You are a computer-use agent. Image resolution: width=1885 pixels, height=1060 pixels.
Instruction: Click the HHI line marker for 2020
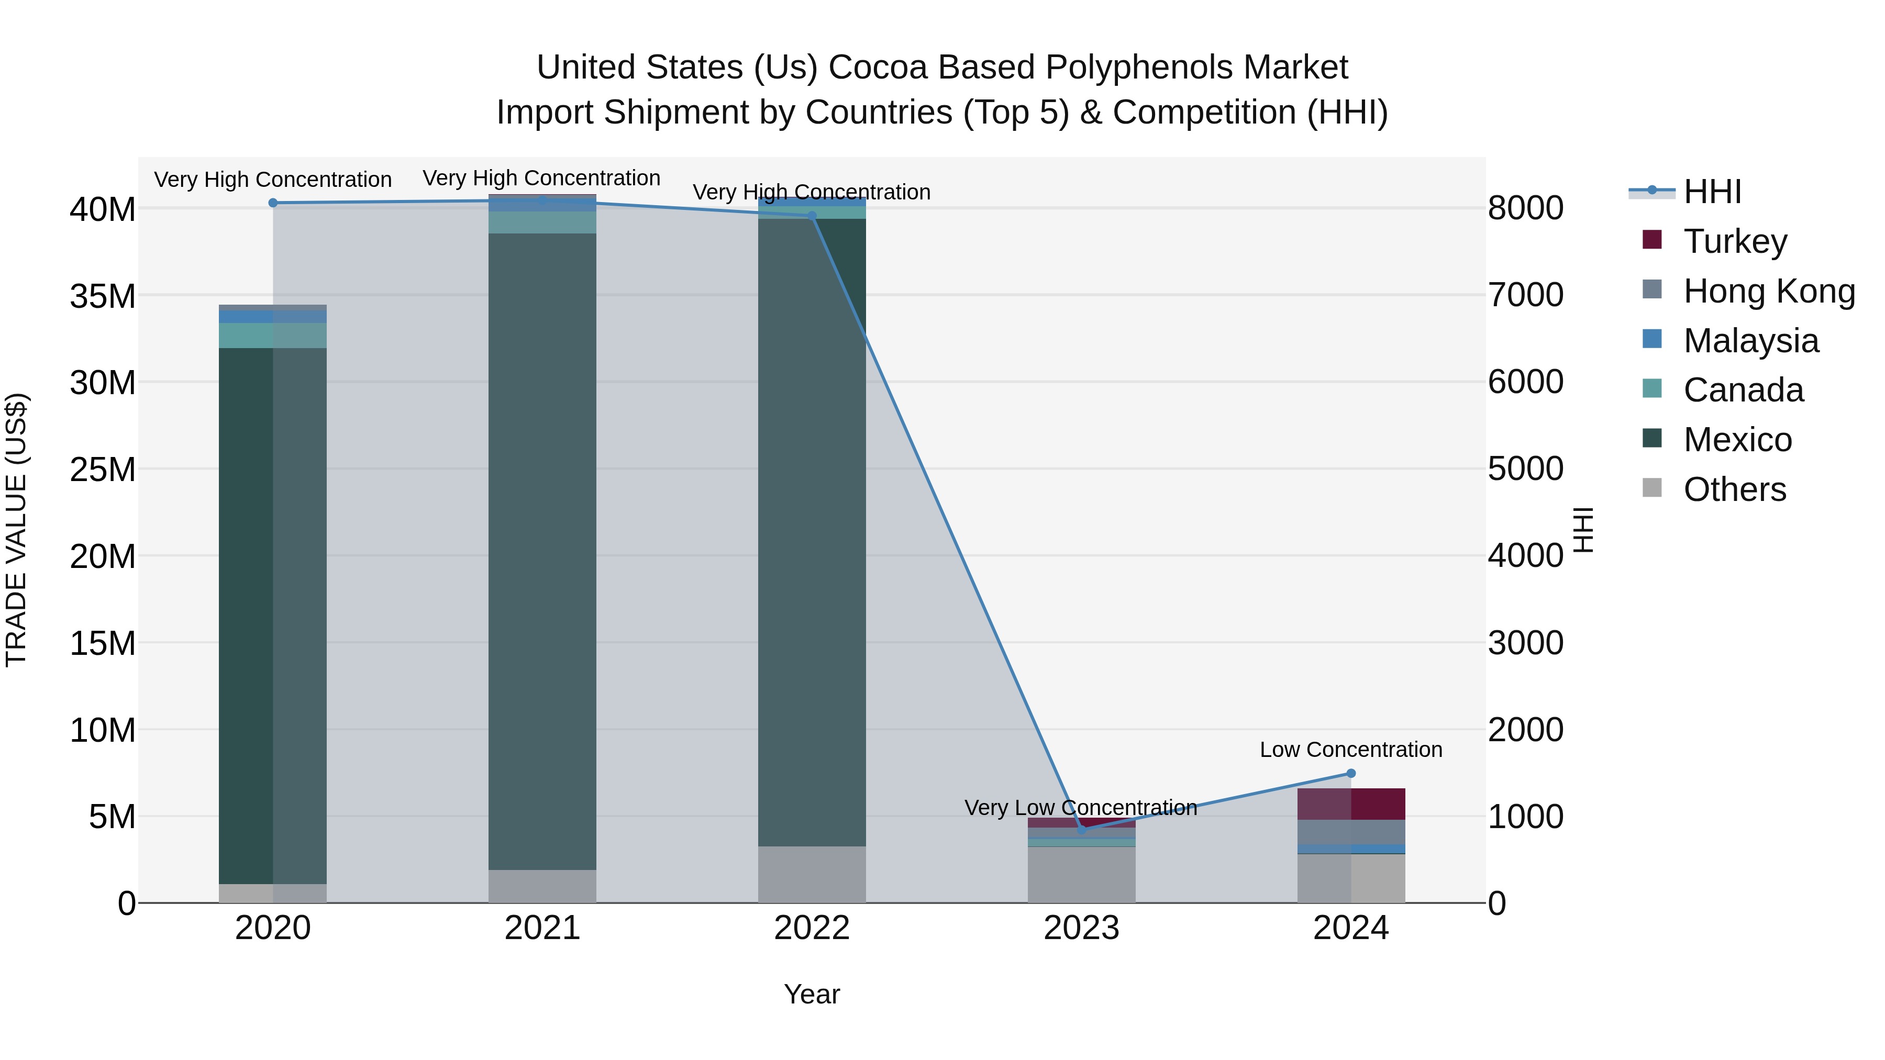tap(273, 203)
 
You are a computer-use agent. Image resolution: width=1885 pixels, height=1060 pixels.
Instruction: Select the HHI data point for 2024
tap(1351, 773)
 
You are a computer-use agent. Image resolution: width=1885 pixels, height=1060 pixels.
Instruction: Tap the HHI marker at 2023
tap(1082, 830)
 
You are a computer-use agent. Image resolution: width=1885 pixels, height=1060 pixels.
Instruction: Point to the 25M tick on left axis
tap(103, 470)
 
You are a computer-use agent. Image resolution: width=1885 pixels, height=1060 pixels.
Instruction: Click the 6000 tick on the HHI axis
tap(1526, 382)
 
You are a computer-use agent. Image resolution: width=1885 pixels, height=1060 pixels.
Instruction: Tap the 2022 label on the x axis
tap(812, 928)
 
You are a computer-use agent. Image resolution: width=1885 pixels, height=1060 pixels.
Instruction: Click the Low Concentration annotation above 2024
tap(1351, 750)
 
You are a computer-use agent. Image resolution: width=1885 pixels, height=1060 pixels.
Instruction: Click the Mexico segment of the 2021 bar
tap(542, 549)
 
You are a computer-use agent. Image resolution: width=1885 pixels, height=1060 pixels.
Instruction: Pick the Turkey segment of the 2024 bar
tap(1351, 804)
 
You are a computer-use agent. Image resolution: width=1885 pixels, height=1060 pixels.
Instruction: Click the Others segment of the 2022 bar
tap(812, 874)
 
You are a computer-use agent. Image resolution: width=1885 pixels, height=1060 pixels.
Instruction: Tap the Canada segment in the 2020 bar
tap(273, 336)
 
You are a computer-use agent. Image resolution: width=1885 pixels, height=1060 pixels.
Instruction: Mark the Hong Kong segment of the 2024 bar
tap(1351, 832)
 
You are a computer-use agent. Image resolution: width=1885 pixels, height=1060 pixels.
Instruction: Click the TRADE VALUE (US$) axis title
tap(16, 530)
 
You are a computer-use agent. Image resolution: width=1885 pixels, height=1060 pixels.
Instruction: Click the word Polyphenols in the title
tap(1138, 68)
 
